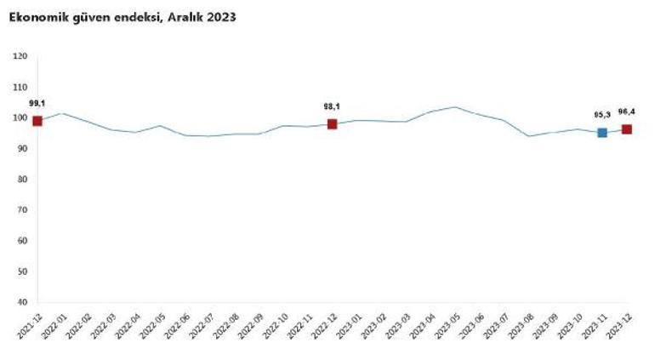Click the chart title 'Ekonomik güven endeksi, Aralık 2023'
122,16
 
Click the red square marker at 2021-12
37,121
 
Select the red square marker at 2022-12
333,124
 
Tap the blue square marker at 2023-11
602,133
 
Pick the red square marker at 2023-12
627,129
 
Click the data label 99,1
37,103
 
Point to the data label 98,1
333,106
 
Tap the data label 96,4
627,111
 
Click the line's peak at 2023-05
455,107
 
